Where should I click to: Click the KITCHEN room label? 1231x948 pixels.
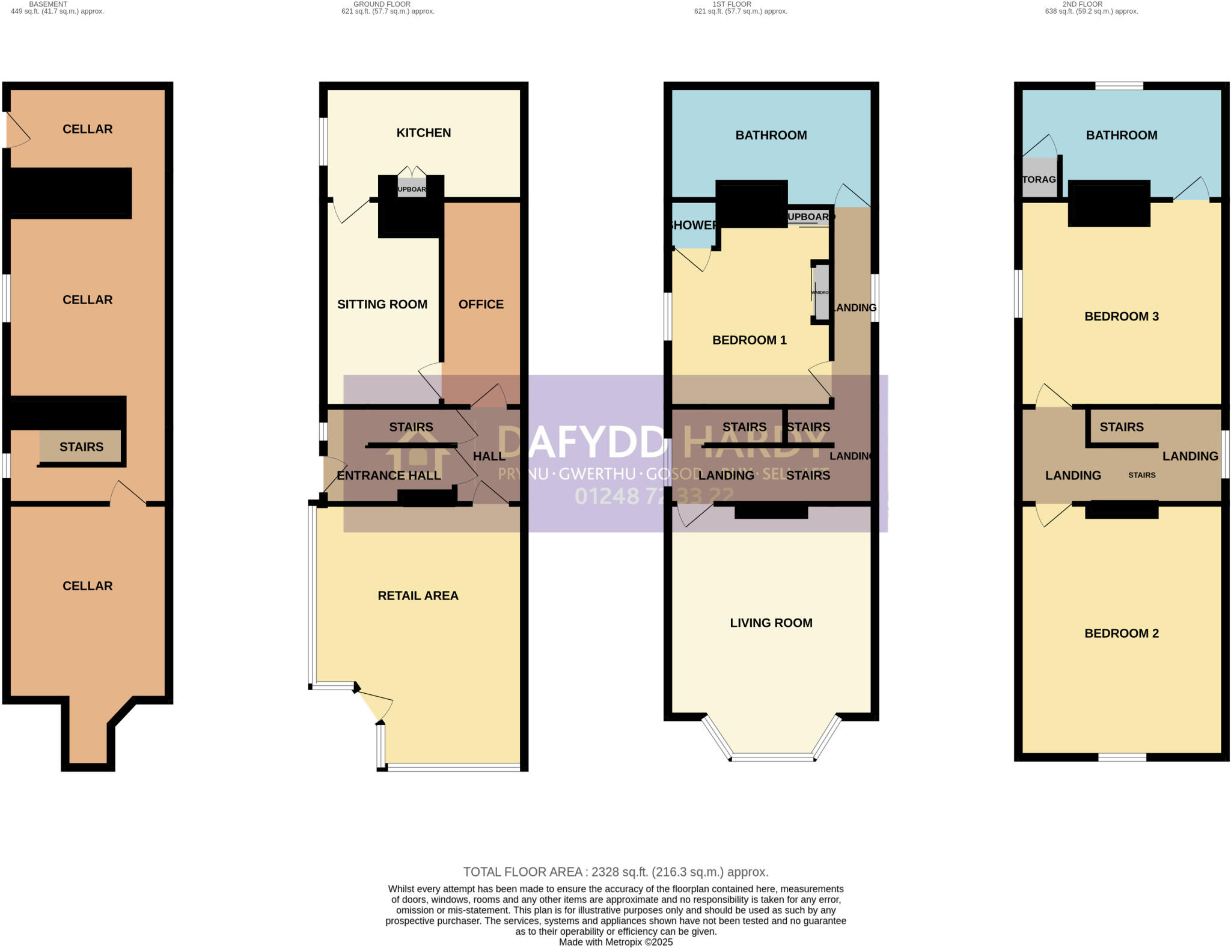point(423,133)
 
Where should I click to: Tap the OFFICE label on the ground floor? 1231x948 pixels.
point(481,304)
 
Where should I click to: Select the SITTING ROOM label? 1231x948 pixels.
point(382,304)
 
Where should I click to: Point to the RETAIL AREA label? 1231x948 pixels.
point(418,595)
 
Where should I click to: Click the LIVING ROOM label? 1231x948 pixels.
point(771,623)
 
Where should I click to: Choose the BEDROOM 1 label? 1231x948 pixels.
point(749,340)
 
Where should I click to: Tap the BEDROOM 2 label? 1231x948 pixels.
point(1121,633)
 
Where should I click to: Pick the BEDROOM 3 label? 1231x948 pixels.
point(1121,316)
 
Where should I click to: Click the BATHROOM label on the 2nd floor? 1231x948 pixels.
point(1121,135)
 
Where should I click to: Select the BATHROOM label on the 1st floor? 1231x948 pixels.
point(771,135)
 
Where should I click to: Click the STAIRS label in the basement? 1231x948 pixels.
point(81,447)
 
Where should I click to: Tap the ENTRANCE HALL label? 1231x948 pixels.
point(388,476)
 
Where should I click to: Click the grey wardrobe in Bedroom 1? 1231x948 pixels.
point(821,293)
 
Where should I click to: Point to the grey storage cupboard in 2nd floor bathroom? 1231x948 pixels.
point(1039,179)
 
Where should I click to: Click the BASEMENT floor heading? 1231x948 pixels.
point(48,4)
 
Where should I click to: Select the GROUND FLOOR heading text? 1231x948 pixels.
point(382,4)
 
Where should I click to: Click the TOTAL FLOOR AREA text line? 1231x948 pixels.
point(615,872)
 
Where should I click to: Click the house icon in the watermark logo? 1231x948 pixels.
point(418,457)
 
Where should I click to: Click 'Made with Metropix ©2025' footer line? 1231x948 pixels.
point(615,942)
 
